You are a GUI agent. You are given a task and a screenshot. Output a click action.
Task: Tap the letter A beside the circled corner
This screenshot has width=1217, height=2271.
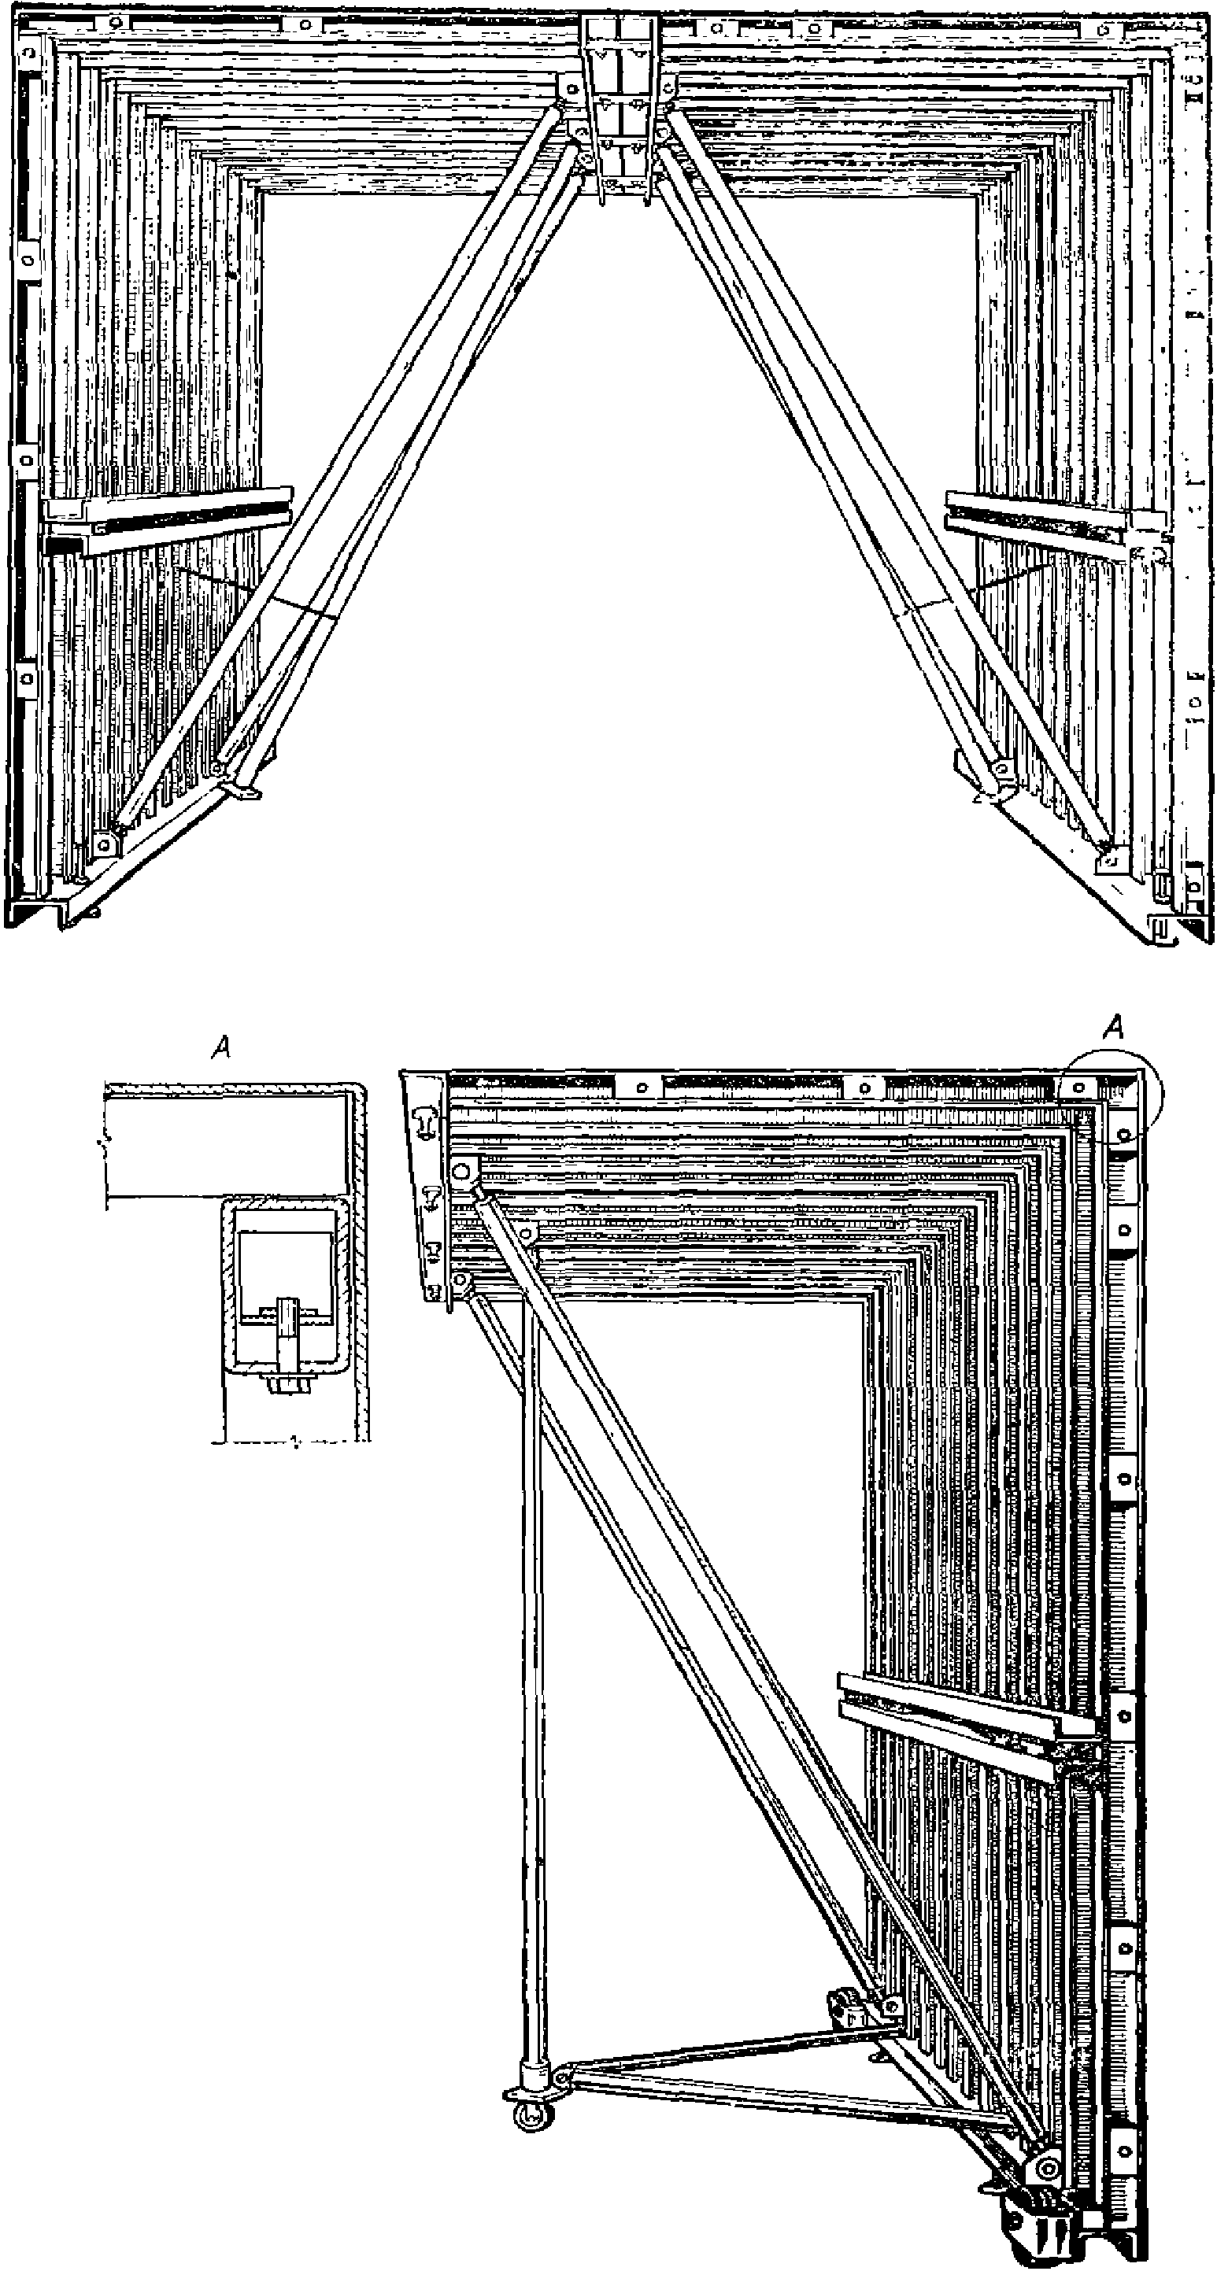coord(1115,1028)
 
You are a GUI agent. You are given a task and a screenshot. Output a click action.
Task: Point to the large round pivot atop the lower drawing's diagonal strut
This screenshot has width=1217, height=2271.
coord(461,1173)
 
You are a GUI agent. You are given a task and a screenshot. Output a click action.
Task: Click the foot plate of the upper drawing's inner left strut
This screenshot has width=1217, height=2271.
coord(242,789)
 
